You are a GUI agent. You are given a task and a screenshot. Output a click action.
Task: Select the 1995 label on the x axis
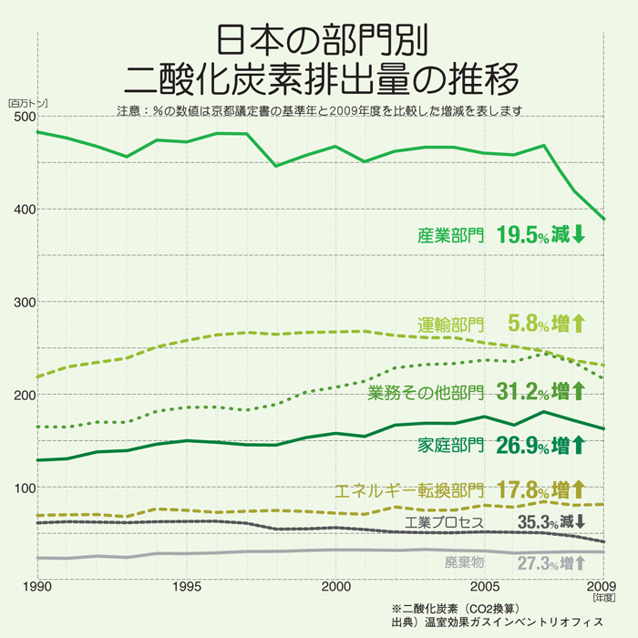187,585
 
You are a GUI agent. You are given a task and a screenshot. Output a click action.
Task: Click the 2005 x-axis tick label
486,585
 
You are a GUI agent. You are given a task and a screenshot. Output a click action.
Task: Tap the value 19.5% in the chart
522,234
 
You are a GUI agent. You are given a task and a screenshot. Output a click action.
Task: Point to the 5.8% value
528,324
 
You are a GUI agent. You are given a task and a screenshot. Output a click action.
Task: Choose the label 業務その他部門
427,394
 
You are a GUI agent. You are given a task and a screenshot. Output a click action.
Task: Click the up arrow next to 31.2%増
578,393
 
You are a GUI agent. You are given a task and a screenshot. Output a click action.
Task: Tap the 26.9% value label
522,446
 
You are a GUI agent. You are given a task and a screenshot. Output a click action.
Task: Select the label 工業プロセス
445,523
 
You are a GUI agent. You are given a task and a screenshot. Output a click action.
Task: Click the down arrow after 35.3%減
579,522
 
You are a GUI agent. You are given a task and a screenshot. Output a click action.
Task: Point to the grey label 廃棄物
465,561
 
